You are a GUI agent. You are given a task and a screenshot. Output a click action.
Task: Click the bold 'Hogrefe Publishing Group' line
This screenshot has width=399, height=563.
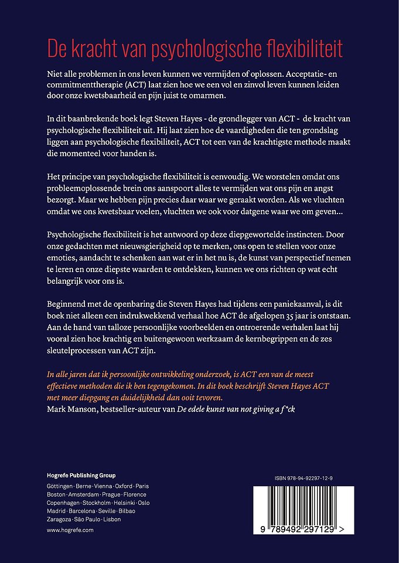click(x=81, y=475)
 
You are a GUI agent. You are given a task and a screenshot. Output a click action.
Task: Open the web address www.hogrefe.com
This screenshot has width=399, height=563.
click(x=70, y=530)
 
